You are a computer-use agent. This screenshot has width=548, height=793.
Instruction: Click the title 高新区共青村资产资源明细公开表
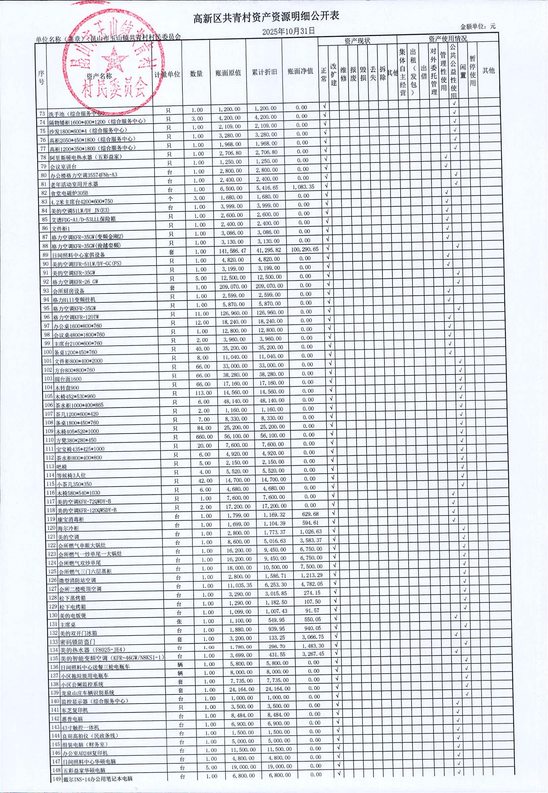pyautogui.click(x=266, y=17)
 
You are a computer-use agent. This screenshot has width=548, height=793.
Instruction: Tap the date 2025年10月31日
pyautogui.click(x=288, y=31)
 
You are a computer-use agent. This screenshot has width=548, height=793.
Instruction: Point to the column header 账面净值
pyautogui.click(x=300, y=71)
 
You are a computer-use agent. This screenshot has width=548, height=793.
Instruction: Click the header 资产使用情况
pyautogui.click(x=447, y=38)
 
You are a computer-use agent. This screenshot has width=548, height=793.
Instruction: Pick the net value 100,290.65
pyautogui.click(x=304, y=249)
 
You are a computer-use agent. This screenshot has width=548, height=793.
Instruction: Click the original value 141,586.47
pyautogui.click(x=232, y=251)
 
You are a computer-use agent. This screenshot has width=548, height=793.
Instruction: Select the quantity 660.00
pyautogui.click(x=204, y=437)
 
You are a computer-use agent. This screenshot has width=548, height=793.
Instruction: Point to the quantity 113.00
pyautogui.click(x=203, y=393)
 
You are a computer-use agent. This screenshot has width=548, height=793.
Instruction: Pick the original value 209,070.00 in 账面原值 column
pyautogui.click(x=233, y=286)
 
